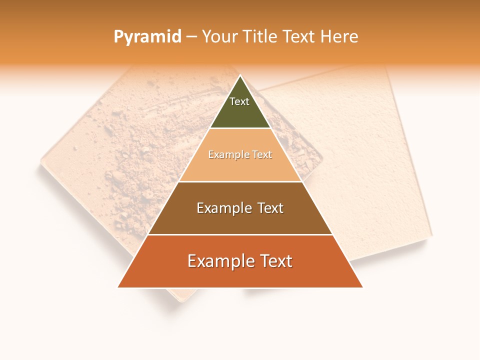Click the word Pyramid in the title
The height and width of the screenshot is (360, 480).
click(147, 37)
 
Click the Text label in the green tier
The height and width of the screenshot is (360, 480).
click(239, 101)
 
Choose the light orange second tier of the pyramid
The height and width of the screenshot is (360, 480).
click(240, 167)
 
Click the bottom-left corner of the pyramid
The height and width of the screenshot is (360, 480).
click(118, 287)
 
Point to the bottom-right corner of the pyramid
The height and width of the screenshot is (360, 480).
click(362, 287)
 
